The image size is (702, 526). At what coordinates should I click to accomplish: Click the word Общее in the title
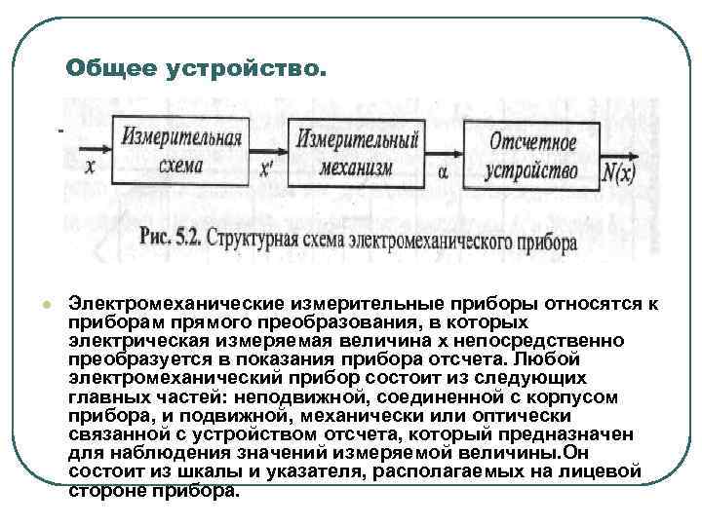tap(110, 69)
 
